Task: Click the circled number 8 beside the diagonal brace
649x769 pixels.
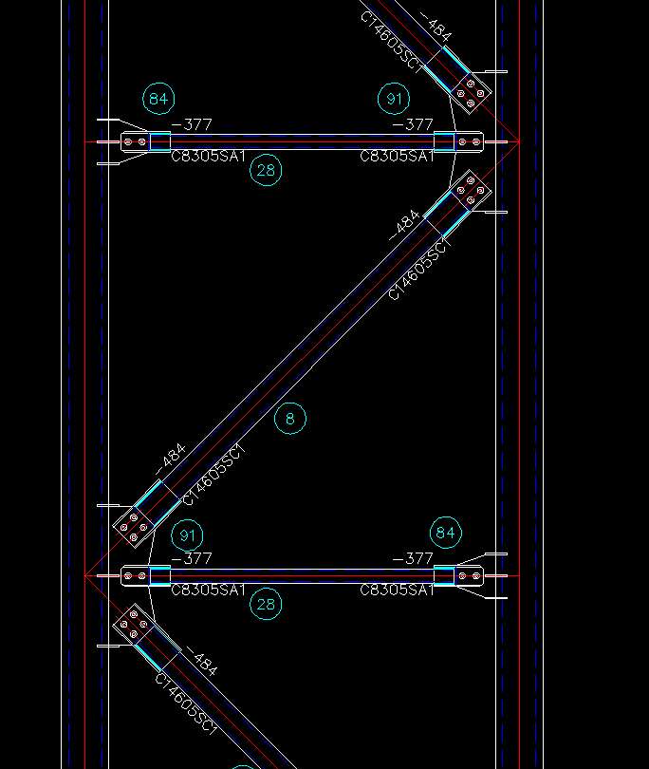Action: [x=290, y=418]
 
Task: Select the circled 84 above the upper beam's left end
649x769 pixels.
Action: [x=158, y=98]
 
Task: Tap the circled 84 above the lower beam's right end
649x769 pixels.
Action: [x=446, y=533]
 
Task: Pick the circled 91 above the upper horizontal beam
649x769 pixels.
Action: [x=394, y=98]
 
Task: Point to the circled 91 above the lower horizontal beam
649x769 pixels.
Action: [x=189, y=535]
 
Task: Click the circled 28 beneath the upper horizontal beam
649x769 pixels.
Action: [x=267, y=171]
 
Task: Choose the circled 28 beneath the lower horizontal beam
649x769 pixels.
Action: [x=267, y=604]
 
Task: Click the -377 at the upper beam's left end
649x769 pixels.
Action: [x=192, y=124]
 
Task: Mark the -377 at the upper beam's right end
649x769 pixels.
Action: [x=413, y=124]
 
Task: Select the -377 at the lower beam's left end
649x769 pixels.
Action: [x=192, y=558]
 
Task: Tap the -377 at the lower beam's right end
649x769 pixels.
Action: [x=413, y=558]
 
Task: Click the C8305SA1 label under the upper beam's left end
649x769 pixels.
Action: [x=209, y=157]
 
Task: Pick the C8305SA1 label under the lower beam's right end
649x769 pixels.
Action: [x=397, y=591]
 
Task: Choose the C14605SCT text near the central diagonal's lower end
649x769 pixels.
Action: [x=213, y=475]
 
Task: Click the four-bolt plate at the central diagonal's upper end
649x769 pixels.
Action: [x=472, y=193]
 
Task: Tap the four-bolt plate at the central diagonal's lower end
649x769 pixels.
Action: [x=133, y=524]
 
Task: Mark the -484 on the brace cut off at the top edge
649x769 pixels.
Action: [x=434, y=28]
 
